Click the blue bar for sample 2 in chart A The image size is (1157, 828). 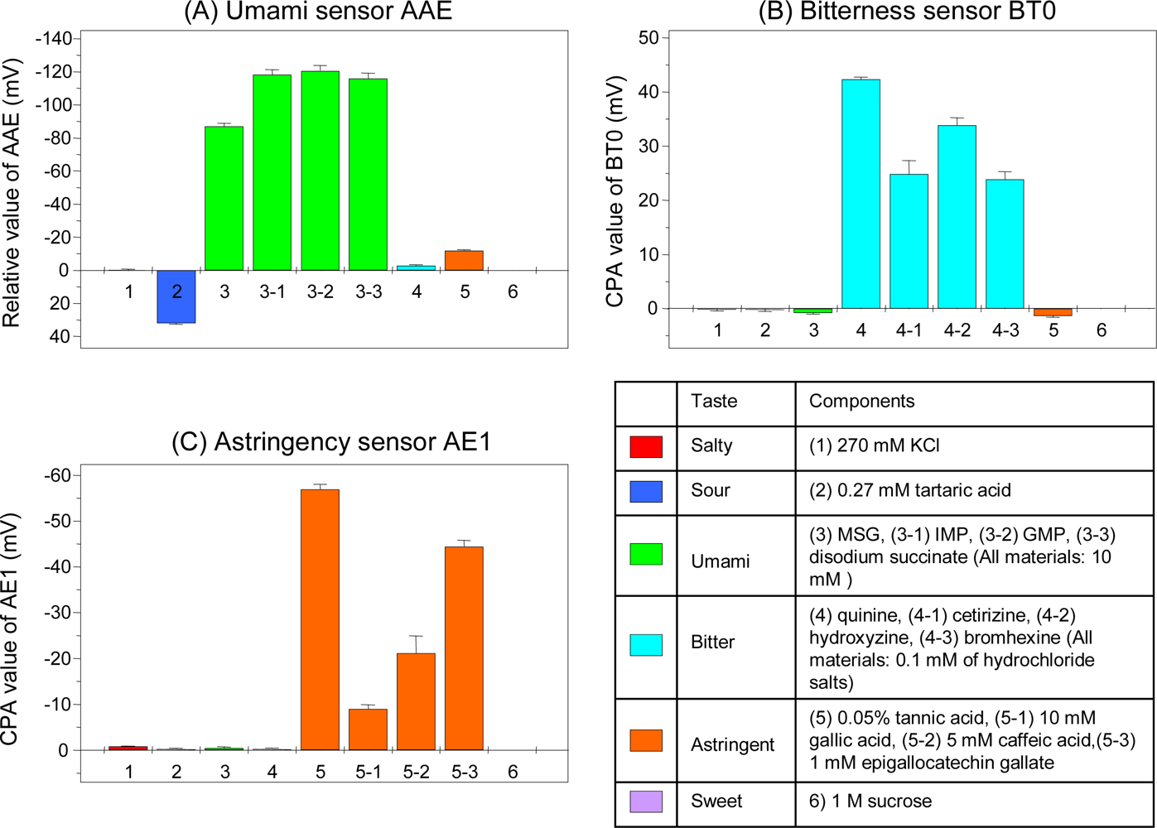176,296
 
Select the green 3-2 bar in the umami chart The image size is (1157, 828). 321,171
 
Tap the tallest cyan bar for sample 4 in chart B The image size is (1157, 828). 861,194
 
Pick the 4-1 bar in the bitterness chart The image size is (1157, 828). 909,241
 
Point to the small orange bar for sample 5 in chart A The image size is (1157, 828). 464,260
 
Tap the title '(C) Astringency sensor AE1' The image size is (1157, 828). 331,442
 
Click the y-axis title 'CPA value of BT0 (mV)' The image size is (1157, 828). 615,192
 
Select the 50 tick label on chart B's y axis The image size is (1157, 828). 648,38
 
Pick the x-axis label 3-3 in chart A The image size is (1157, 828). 369,292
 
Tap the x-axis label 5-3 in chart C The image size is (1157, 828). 464,772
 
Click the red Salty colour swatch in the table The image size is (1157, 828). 646,446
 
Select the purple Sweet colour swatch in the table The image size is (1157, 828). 646,802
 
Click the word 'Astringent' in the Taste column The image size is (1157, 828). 732,745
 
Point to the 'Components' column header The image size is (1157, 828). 861,402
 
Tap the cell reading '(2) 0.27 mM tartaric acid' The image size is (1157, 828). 909,490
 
